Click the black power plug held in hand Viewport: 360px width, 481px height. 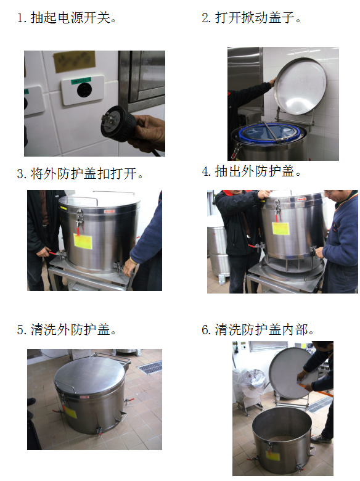coord(118,123)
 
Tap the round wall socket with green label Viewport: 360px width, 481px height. coord(84,90)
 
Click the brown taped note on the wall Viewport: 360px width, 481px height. coord(74,62)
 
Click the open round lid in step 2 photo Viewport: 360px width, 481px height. coord(300,86)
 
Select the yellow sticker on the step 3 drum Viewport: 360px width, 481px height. coord(83,241)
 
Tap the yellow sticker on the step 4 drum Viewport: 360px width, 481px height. coord(280,228)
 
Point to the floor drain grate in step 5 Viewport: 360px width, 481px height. coord(150,367)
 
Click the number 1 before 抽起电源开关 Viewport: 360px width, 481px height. coord(20,18)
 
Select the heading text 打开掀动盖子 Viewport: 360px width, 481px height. coord(255,17)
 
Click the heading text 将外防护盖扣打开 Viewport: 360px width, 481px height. coord(83,174)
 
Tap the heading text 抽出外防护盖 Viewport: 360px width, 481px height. coord(255,171)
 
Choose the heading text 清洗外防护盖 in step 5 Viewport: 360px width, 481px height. coord(70,330)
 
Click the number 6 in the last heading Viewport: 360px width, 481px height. coord(205,330)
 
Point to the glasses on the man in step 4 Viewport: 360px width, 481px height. coord(330,192)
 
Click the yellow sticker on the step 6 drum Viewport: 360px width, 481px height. coord(272,455)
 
